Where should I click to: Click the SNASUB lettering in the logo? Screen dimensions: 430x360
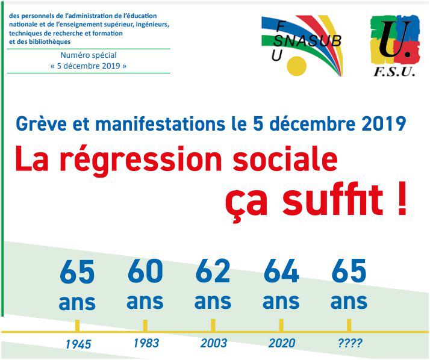pos(307,41)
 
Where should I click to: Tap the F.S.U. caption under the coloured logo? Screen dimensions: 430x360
pos(394,72)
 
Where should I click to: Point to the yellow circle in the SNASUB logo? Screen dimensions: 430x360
pos(296,66)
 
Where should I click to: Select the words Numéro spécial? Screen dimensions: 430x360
pos(89,55)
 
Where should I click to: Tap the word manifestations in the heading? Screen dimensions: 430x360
pos(160,124)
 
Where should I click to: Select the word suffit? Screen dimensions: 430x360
pos(332,199)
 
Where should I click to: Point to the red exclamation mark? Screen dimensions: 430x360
pos(402,199)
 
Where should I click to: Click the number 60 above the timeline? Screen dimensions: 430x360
pos(145,271)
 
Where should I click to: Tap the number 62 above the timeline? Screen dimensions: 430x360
pos(213,271)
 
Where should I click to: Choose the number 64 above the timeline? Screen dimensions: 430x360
pos(281,271)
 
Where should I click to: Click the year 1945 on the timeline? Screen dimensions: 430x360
pos(78,344)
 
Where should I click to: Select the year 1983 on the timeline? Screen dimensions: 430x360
pos(146,343)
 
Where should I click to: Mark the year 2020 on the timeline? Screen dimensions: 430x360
pos(282,343)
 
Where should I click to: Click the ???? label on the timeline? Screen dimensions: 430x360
pos(350,343)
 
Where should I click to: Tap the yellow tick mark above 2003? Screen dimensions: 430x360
pos(213,326)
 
